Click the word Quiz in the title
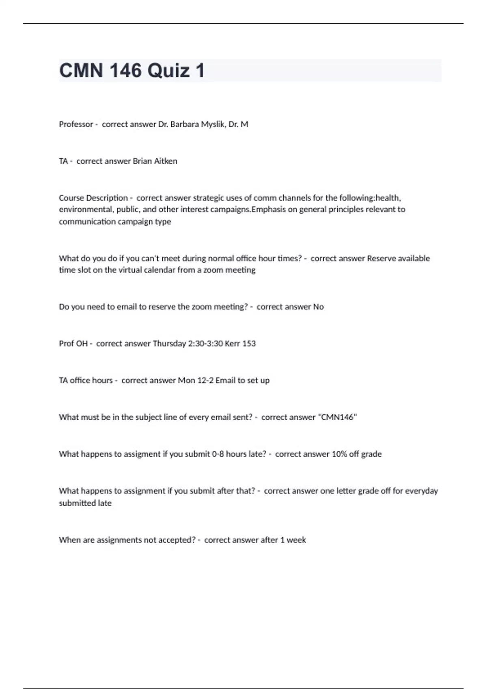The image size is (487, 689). tap(168, 71)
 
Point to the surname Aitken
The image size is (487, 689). tap(166, 161)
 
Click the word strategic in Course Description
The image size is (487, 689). tap(209, 198)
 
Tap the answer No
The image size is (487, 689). tap(319, 307)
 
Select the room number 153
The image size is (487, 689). tap(249, 344)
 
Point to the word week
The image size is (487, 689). tap(296, 540)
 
